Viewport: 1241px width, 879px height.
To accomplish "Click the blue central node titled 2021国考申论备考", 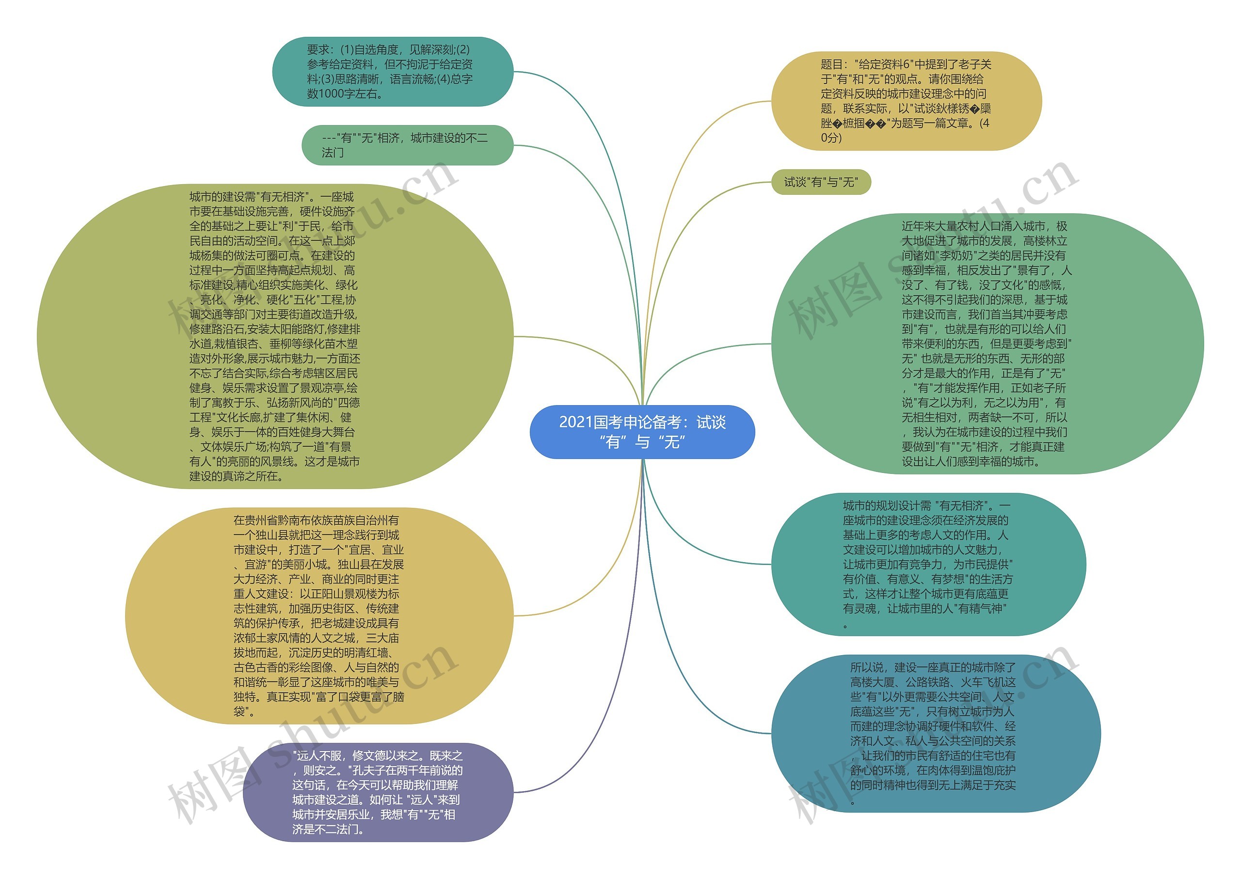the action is coord(642,432).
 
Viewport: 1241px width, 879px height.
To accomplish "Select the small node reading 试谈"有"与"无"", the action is coord(821,182).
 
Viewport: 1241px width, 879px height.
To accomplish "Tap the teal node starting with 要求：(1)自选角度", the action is coord(393,71).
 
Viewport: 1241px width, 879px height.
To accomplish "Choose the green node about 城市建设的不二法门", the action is coord(407,145).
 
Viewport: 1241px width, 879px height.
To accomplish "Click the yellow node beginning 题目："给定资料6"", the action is coord(906,101).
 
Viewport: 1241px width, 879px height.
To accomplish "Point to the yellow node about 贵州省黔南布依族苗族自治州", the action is coord(319,615).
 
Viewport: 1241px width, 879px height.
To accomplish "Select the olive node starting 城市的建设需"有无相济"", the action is coord(274,336).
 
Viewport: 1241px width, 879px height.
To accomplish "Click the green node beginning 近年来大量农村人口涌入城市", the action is coord(986,344).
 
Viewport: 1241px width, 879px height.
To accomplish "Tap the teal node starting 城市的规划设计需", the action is coord(928,564).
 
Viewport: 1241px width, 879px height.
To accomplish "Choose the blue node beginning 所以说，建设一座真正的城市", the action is coord(935,734).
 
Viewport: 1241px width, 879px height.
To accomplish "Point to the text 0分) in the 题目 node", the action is coord(831,138).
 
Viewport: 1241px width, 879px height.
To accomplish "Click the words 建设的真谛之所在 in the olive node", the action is coord(237,476).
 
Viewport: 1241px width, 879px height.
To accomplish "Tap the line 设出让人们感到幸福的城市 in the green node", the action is coord(971,462).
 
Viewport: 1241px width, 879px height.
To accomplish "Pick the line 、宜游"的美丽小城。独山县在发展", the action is coord(319,565).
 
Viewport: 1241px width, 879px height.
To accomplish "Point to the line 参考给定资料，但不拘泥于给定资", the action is coord(390,64).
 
